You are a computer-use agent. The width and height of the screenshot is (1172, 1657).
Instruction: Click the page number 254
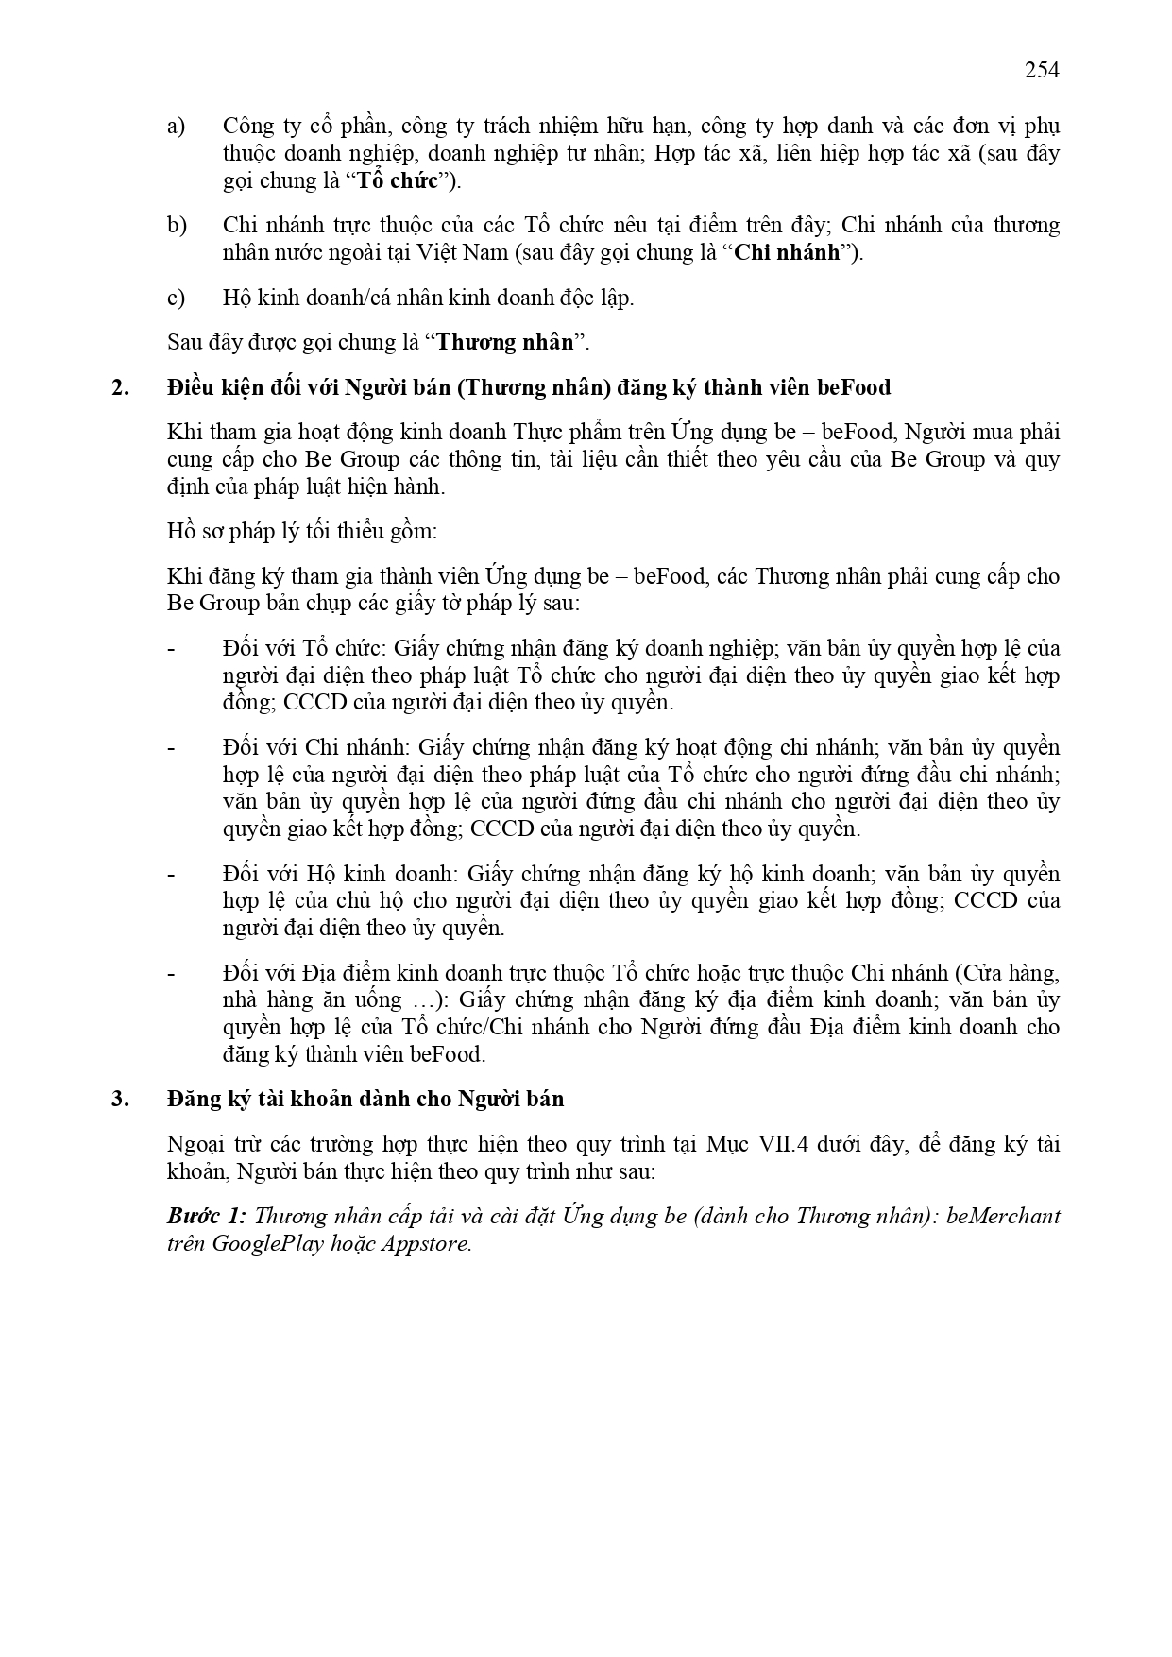tap(1042, 70)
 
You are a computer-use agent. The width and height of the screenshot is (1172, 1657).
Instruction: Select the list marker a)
tap(176, 126)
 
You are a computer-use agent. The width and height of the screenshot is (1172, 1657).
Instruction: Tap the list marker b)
tap(177, 225)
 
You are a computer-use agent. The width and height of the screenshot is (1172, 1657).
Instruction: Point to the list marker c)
tap(176, 298)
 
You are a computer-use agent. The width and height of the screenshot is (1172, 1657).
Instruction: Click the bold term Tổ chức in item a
tap(398, 180)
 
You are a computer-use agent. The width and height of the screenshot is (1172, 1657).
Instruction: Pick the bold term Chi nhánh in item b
tap(787, 252)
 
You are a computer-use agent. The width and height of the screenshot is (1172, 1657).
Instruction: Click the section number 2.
tap(120, 387)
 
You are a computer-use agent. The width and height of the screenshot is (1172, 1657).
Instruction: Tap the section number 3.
tap(120, 1099)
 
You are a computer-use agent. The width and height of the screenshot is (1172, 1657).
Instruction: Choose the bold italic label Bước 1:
tap(207, 1216)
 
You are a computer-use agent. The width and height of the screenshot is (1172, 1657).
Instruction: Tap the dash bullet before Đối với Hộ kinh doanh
tap(171, 874)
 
